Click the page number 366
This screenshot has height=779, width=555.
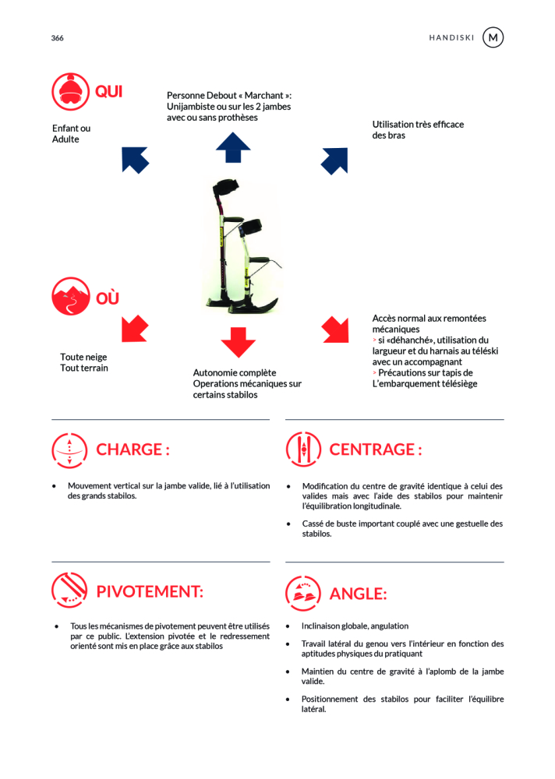point(58,38)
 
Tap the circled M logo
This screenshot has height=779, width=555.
point(493,37)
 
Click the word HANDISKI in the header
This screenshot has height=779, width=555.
point(452,38)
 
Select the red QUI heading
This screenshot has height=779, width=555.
point(109,92)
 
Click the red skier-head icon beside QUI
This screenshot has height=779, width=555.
point(71,92)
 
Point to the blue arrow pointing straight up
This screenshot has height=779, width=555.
point(233,147)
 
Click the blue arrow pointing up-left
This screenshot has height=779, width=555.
point(135,159)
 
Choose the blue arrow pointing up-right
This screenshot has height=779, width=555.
point(334,160)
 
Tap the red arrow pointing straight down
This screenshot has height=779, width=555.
point(238,341)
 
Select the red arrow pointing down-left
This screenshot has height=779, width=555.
point(135,328)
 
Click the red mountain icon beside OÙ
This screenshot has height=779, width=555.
point(71,297)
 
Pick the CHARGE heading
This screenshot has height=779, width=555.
point(133,449)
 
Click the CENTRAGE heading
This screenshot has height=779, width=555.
point(376,449)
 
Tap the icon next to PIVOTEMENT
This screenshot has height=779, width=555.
point(69,590)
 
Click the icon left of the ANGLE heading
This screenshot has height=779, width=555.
point(303,593)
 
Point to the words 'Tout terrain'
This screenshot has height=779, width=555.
point(84,368)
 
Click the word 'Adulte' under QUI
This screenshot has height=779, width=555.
point(65,139)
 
